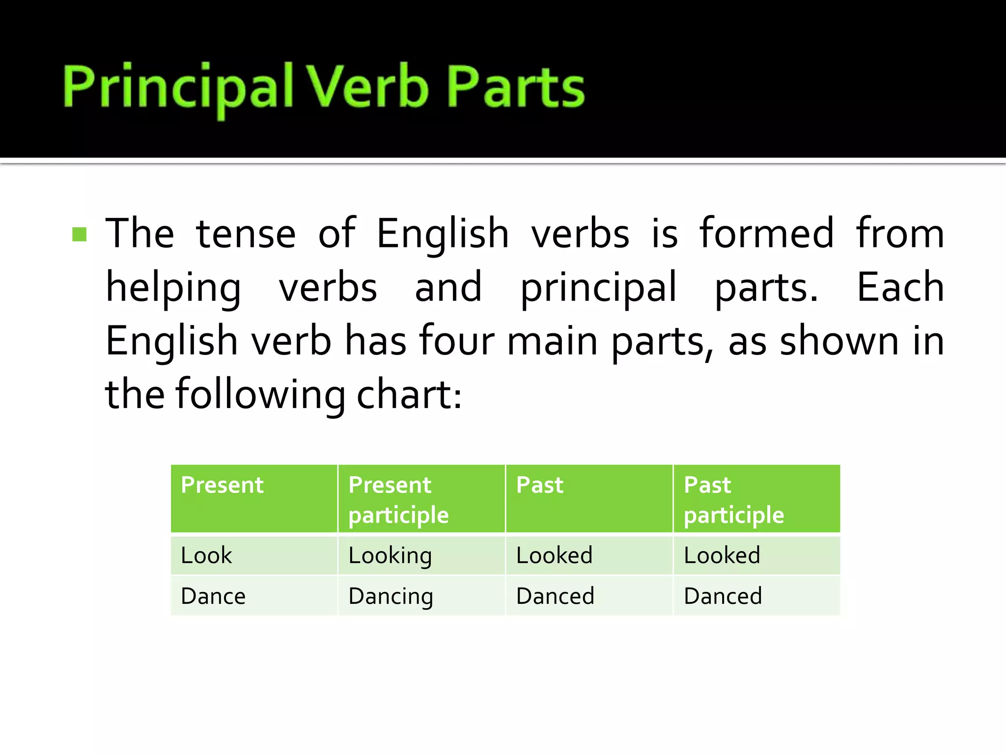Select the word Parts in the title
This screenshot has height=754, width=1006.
tap(515, 88)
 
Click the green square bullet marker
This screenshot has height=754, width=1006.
tap(80, 234)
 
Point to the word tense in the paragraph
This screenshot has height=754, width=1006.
tap(246, 234)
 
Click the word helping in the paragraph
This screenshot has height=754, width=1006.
tap(173, 288)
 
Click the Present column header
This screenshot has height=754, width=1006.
tap(222, 485)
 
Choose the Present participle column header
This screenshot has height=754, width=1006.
tap(398, 500)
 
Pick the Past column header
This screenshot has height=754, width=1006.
tap(539, 485)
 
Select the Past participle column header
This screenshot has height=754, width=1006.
tap(733, 500)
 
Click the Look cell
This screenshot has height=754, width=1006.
tap(206, 556)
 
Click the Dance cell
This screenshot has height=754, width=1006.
tap(213, 596)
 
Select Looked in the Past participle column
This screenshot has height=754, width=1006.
tap(722, 556)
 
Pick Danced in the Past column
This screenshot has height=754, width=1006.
tap(555, 596)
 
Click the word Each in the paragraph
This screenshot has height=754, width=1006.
tap(900, 288)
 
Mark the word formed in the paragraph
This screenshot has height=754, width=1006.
tap(766, 234)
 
